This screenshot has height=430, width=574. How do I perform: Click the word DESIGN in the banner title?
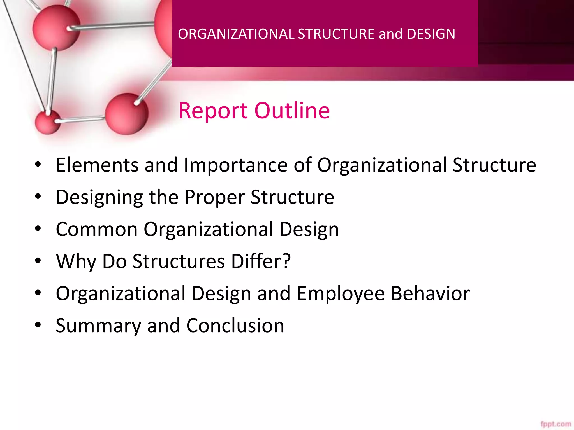click(431, 34)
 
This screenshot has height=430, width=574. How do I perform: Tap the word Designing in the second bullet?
click(99, 197)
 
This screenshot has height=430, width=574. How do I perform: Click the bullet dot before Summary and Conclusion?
click(38, 325)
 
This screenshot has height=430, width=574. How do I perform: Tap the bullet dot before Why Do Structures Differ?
click(38, 261)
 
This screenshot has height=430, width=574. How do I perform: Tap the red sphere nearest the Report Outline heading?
click(127, 114)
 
